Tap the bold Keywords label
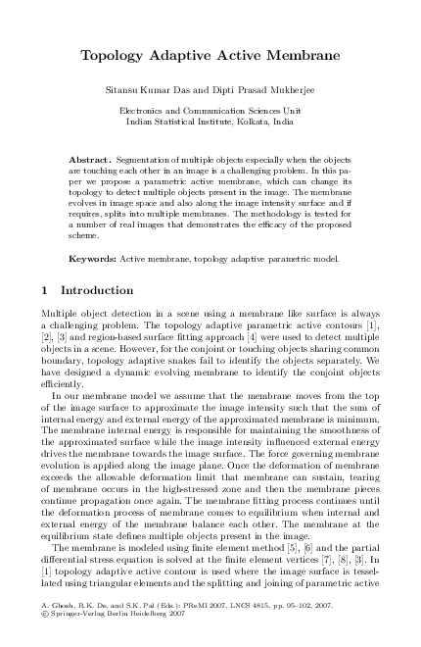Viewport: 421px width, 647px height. [x=93, y=259]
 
